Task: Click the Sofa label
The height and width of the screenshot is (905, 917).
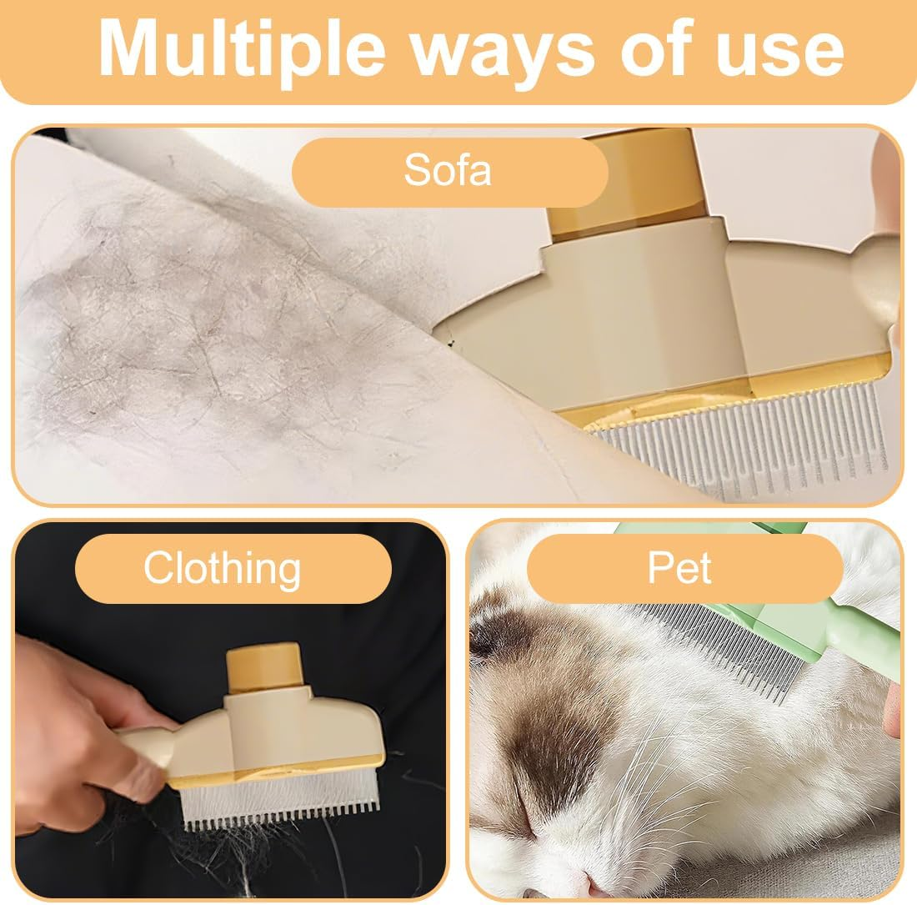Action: (x=448, y=171)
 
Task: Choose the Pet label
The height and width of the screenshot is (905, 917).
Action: (x=679, y=569)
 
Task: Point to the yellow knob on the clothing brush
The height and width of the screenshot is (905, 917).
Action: (x=263, y=667)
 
